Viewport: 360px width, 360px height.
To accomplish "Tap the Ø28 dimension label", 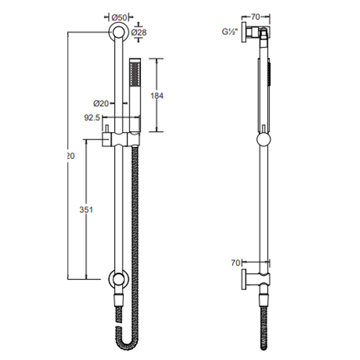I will (x=139, y=32).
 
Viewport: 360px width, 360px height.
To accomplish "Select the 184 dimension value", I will (x=157, y=96).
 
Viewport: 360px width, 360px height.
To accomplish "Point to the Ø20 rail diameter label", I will (x=101, y=104).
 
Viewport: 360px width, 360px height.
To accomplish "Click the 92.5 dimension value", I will (x=92, y=118).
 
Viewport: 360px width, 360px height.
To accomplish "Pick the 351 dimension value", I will (x=86, y=210).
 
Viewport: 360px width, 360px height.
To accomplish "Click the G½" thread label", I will (x=230, y=32).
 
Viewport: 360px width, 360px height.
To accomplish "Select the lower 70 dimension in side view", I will (x=235, y=263).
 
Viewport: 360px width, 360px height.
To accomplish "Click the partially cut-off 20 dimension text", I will (x=70, y=156).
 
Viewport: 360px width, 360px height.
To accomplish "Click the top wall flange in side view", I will (x=244, y=33).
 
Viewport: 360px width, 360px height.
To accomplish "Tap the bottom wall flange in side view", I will (x=244, y=279).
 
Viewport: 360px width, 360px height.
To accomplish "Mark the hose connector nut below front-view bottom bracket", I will (x=118, y=300).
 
